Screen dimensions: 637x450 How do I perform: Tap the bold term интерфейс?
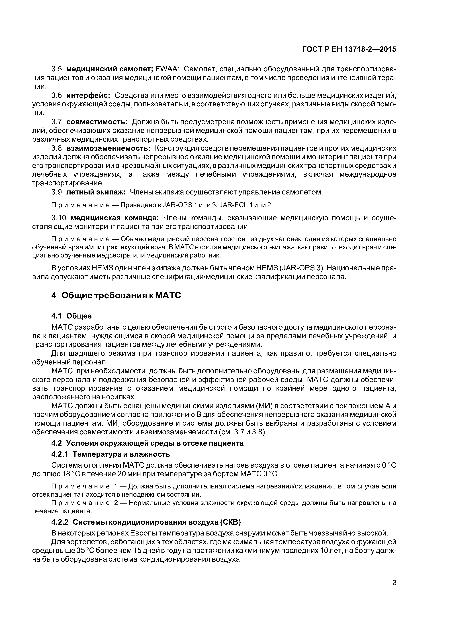[88, 96]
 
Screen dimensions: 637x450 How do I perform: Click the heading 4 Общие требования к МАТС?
[116, 295]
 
